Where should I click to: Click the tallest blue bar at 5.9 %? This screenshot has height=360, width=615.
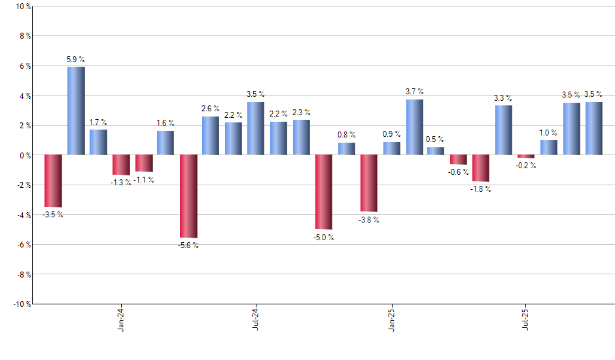pyautogui.click(x=76, y=111)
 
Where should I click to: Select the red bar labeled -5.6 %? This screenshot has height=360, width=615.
pyautogui.click(x=188, y=196)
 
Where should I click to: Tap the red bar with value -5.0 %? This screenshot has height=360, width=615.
pyautogui.click(x=324, y=192)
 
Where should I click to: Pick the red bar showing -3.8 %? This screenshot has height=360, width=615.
pyautogui.click(x=369, y=183)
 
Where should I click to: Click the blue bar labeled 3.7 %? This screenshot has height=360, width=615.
pyautogui.click(x=414, y=127)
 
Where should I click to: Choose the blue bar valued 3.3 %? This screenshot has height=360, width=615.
pyautogui.click(x=504, y=130)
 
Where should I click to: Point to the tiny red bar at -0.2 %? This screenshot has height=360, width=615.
pyautogui.click(x=526, y=156)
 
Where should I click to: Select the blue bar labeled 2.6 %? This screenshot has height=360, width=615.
pyautogui.click(x=211, y=135)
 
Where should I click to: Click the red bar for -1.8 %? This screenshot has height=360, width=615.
pyautogui.click(x=481, y=168)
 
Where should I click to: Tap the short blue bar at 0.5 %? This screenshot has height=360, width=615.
pyautogui.click(x=436, y=151)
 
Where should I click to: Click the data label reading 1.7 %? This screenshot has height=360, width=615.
pyautogui.click(x=98, y=122)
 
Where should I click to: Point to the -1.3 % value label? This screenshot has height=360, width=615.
pyautogui.click(x=120, y=183)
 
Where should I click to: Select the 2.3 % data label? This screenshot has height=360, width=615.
pyautogui.click(x=302, y=113)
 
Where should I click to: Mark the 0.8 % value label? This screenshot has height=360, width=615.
pyautogui.click(x=346, y=135)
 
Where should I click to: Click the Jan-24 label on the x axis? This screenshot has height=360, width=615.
pyautogui.click(x=121, y=319)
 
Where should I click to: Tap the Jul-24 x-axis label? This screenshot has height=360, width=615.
pyautogui.click(x=256, y=319)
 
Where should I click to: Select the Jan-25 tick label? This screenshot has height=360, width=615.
pyautogui.click(x=391, y=319)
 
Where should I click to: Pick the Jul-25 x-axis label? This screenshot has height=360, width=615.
pyautogui.click(x=527, y=319)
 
